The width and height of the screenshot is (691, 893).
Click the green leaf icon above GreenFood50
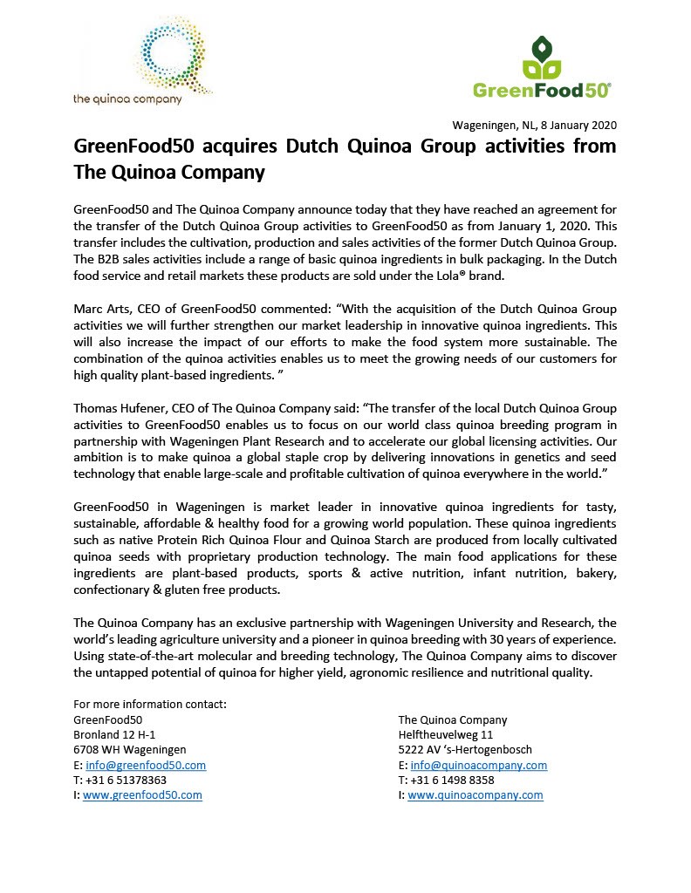tap(542, 56)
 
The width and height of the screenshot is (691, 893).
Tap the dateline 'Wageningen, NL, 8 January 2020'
tap(534, 125)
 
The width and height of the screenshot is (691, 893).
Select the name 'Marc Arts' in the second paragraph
tap(100, 310)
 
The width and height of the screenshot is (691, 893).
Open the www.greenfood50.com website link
tap(142, 795)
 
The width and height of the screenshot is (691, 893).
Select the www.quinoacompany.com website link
tap(475, 795)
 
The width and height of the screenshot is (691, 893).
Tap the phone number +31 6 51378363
tap(127, 780)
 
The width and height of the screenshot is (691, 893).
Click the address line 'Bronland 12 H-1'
tap(115, 734)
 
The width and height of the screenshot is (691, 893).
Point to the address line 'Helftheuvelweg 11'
tap(445, 734)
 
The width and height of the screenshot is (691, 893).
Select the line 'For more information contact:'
tap(150, 704)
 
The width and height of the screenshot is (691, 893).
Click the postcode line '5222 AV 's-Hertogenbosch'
tap(465, 749)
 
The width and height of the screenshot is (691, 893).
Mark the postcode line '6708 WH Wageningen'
tap(130, 749)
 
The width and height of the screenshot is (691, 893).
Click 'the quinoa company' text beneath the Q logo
tap(127, 99)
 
